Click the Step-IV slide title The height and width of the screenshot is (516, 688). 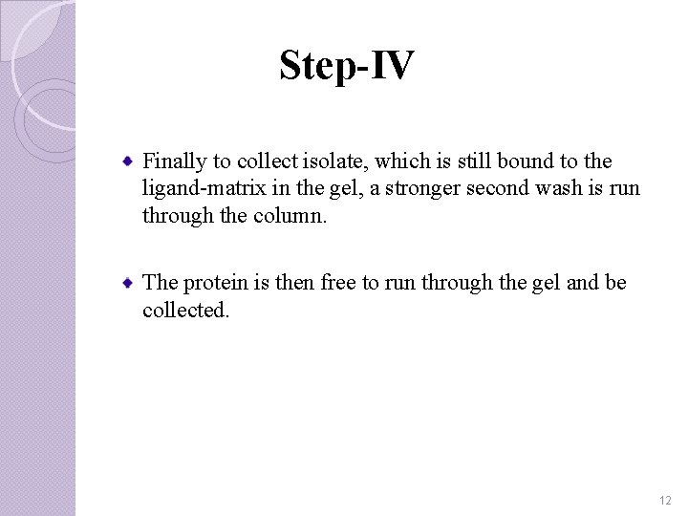click(x=347, y=66)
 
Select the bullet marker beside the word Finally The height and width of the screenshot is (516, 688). click(x=127, y=160)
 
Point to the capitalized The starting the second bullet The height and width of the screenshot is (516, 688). click(x=159, y=283)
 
